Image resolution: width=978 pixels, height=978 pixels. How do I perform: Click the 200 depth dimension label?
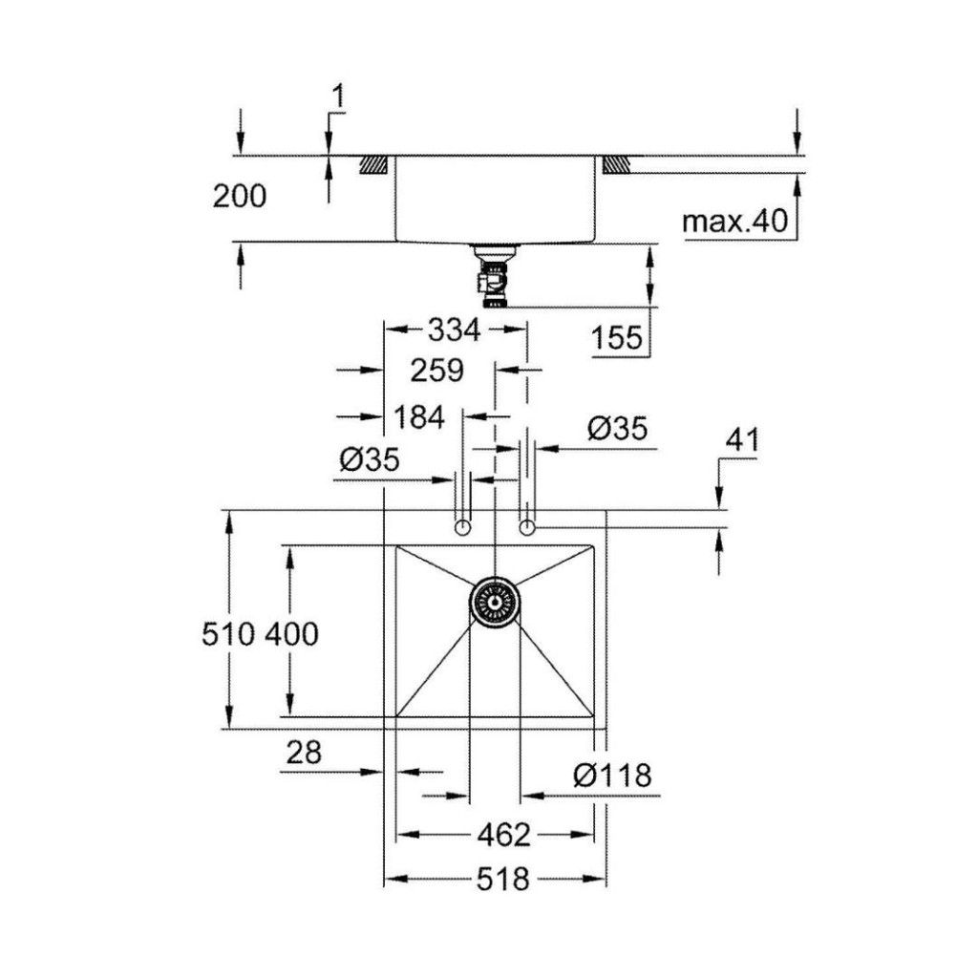(240, 196)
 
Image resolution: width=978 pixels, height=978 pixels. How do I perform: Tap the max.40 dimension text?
(735, 221)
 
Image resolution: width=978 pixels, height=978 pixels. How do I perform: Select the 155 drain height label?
(616, 338)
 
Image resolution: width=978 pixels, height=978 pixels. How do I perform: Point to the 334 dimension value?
(454, 330)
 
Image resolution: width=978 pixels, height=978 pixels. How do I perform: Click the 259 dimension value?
(437, 371)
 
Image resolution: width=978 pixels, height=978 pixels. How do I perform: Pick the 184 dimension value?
(419, 417)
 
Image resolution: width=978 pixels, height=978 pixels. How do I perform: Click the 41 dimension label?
(742, 439)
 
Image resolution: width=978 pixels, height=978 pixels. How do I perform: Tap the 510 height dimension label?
(228, 634)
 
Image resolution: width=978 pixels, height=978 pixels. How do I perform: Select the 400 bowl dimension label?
(291, 634)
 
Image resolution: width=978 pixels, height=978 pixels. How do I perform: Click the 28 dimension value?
(304, 753)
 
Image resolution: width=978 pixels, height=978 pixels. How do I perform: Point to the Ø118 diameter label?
(612, 776)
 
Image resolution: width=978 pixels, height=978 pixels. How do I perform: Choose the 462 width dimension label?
(503, 835)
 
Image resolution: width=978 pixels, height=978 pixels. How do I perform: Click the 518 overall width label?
(502, 880)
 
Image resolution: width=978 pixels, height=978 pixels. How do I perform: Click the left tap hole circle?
(463, 528)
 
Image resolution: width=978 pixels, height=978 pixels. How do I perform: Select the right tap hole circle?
(527, 528)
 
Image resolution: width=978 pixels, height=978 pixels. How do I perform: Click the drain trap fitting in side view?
(494, 276)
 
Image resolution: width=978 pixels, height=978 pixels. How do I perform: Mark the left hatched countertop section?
(373, 164)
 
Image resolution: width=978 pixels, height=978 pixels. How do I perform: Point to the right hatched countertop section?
(616, 164)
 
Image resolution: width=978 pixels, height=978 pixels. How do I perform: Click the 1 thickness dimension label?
(338, 98)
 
